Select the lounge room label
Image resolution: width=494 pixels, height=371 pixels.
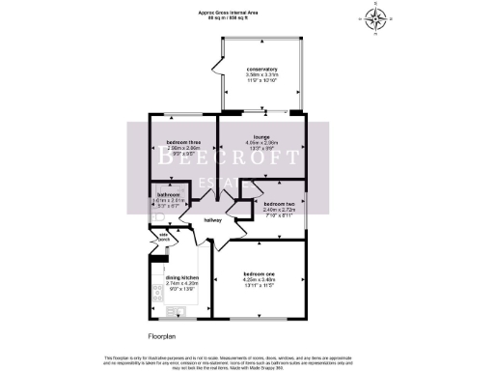click(261, 137)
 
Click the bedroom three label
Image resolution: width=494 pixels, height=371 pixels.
click(182, 143)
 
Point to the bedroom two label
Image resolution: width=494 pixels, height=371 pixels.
click(278, 203)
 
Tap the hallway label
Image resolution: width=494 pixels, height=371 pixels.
click(213, 220)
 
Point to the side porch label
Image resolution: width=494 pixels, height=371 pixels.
click(164, 236)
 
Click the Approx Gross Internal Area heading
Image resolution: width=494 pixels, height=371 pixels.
click(247, 12)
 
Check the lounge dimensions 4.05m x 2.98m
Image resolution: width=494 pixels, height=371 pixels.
click(261, 146)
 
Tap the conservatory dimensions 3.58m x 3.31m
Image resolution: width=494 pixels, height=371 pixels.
click(261, 77)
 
